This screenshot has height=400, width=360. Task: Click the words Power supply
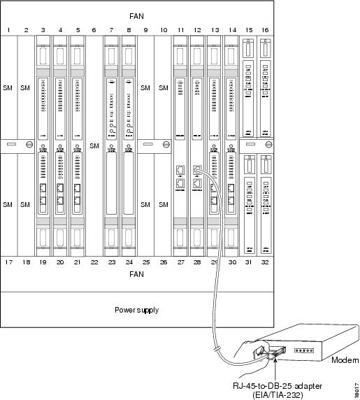coord(138,308)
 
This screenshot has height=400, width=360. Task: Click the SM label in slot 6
coord(94,145)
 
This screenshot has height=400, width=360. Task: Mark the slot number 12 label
coord(198,29)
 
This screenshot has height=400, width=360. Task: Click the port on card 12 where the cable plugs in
coord(198,170)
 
